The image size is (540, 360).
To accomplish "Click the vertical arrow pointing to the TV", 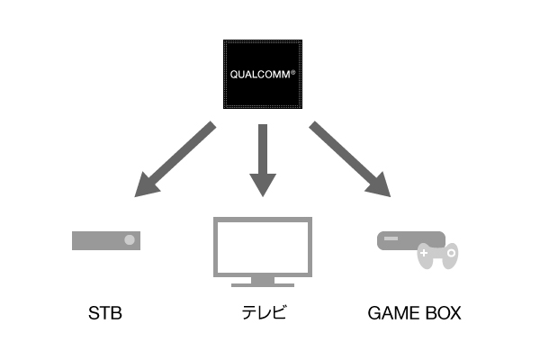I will click(x=262, y=157).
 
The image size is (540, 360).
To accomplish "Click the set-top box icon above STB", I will click(x=107, y=240).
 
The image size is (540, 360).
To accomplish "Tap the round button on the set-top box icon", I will click(x=130, y=240).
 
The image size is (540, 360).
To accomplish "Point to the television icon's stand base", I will click(x=262, y=284).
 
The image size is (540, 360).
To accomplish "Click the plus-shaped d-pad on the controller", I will click(x=423, y=256).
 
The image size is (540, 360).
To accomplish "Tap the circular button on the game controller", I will click(x=447, y=256).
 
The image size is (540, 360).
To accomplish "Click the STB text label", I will click(x=105, y=315).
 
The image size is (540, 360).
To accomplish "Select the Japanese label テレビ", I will click(x=262, y=315).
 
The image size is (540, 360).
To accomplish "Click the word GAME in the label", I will click(x=392, y=315).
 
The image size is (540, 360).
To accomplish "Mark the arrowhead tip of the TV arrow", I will click(x=262, y=194).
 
